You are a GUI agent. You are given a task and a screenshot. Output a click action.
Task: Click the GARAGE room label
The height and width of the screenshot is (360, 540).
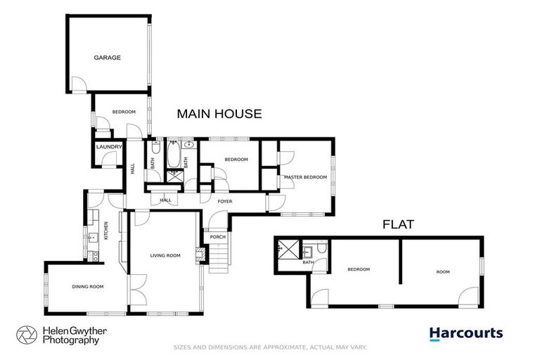108,58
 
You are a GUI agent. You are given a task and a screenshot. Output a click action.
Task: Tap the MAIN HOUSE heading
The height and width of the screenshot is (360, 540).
219,113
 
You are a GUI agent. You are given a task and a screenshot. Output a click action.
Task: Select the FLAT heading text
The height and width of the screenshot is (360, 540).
397,226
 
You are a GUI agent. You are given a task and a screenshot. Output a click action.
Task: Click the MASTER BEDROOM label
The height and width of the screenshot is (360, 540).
305,177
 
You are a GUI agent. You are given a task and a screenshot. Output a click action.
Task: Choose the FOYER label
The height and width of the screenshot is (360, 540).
225,202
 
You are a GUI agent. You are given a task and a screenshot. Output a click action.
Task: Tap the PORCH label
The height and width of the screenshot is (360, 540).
218,237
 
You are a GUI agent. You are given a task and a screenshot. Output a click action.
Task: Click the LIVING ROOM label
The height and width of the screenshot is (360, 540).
166,255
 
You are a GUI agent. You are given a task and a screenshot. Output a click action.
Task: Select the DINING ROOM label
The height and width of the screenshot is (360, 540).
88,286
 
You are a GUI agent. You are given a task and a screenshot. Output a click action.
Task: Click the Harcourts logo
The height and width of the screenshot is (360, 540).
466,333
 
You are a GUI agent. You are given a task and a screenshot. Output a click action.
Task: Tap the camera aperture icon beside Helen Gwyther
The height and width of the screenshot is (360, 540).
27,335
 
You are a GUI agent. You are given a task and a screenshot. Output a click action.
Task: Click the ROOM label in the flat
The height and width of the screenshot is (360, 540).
442,271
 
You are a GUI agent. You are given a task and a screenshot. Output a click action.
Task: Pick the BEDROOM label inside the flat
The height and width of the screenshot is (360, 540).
359,269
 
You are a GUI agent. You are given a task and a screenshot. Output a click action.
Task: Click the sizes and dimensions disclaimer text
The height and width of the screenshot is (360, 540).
270,347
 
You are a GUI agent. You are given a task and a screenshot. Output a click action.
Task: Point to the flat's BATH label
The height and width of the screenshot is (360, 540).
308,263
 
